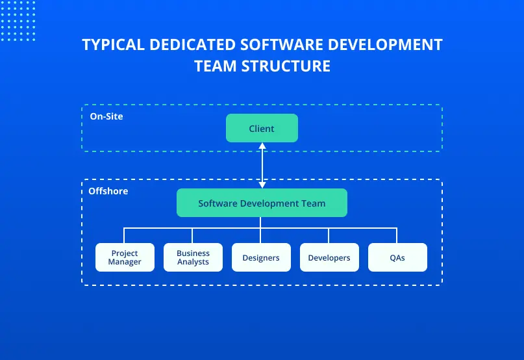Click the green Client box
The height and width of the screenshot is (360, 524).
tap(262, 128)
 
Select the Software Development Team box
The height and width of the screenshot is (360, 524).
tap(262, 203)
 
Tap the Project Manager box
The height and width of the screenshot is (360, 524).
tap(125, 257)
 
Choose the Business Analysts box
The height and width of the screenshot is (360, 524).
tap(193, 257)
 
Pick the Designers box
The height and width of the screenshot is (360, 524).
tap(261, 257)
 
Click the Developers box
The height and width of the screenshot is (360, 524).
tap(329, 257)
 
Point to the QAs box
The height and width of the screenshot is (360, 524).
tap(397, 257)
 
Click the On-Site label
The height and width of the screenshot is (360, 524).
tap(106, 116)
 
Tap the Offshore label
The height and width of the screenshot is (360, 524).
tap(108, 191)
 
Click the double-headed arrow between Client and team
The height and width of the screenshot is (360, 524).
tap(262, 165)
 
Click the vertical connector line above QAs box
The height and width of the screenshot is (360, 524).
tap(397, 235)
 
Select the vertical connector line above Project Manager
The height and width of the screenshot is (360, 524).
tap(125, 235)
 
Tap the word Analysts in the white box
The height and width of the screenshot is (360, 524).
tap(193, 262)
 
